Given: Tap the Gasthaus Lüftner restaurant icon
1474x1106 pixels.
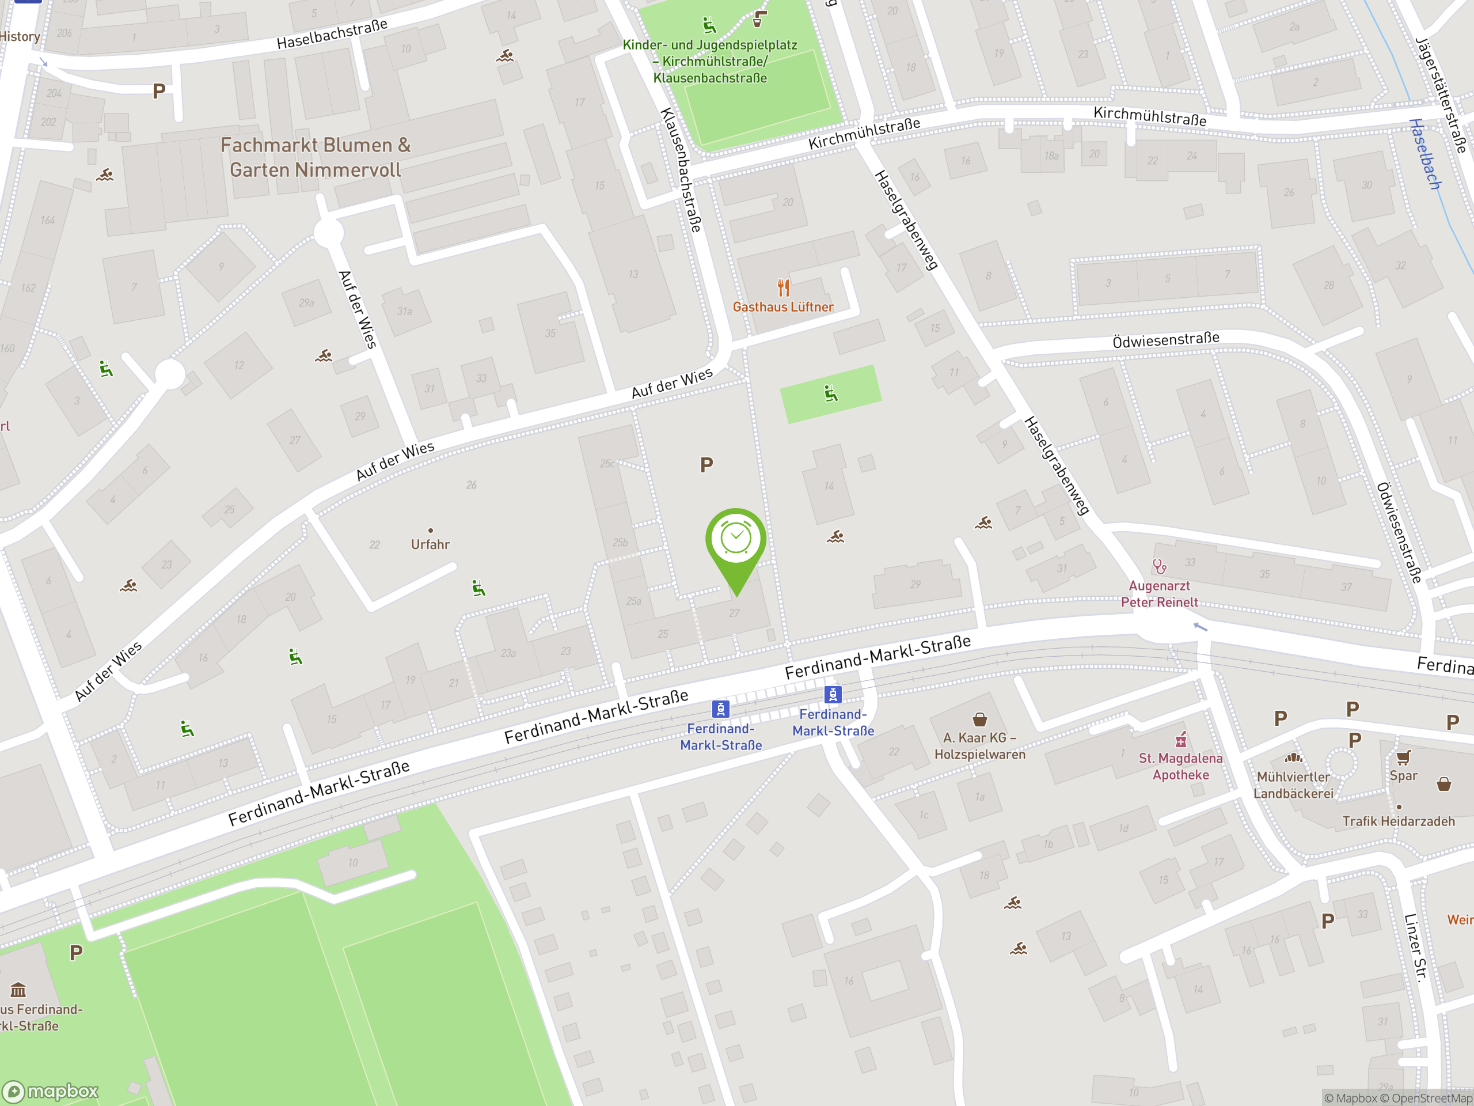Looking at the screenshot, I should [x=784, y=288].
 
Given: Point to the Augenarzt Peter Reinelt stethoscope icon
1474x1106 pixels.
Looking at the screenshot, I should [x=1160, y=567].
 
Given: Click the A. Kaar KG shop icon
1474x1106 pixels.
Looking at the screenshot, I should [x=979, y=719].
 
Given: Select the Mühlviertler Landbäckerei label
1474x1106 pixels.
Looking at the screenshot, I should [x=1293, y=785].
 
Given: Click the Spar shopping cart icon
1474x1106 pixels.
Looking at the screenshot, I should [x=1403, y=757].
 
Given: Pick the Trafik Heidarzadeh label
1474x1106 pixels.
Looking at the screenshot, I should [x=1398, y=821].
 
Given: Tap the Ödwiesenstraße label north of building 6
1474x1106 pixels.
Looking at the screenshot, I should [x=1165, y=340].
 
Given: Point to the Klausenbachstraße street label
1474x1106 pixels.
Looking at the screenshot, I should [x=681, y=170].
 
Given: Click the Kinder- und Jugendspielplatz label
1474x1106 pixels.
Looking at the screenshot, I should [x=710, y=61].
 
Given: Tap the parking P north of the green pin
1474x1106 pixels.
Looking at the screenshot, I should [x=706, y=465].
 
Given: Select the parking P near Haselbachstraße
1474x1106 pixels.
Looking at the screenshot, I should [x=158, y=90].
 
